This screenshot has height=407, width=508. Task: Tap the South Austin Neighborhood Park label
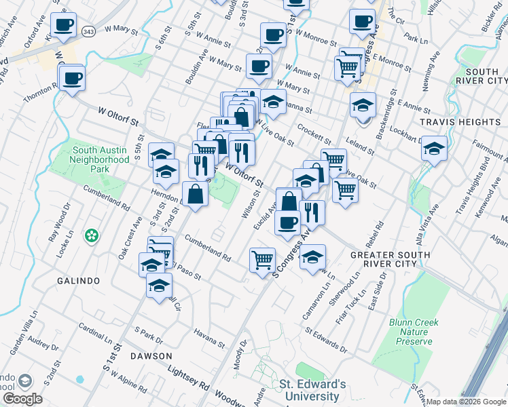tap(101, 159)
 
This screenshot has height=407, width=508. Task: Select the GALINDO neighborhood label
tap(78, 281)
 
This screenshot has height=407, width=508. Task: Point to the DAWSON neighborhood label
tap(152, 355)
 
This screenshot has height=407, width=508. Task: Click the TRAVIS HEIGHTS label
tap(460, 122)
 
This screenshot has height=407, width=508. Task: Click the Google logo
tap(22, 399)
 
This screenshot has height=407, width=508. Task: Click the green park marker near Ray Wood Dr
tap(91, 236)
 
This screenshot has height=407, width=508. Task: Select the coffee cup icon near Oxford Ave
tap(65, 25)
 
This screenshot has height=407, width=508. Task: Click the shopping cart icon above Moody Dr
tap(262, 259)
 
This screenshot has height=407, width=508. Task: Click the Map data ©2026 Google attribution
tap(466, 401)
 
